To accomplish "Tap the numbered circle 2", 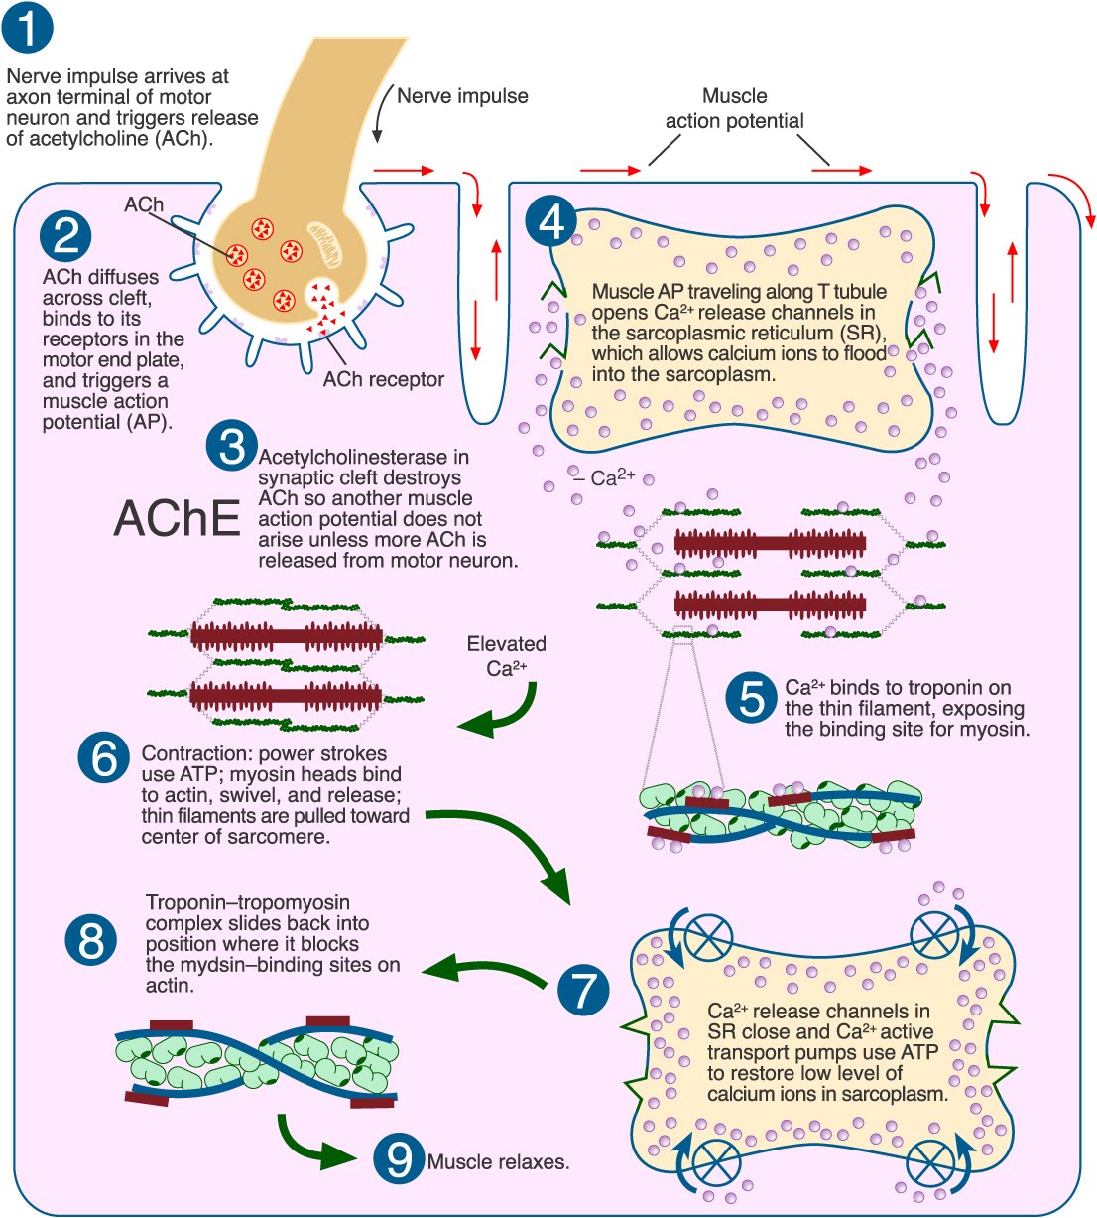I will click(x=66, y=237).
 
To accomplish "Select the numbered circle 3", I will click(x=231, y=446).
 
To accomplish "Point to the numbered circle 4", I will click(x=551, y=220).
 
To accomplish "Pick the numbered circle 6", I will click(x=103, y=759).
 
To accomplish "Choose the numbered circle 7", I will click(x=583, y=989).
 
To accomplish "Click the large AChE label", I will click(x=177, y=518).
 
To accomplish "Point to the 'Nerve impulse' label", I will click(x=462, y=96).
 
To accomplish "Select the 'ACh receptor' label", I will click(x=383, y=379).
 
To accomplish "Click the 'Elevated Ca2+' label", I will click(x=506, y=655).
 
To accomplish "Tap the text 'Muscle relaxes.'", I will click(x=498, y=1161).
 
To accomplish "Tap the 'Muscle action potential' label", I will click(x=734, y=108).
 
